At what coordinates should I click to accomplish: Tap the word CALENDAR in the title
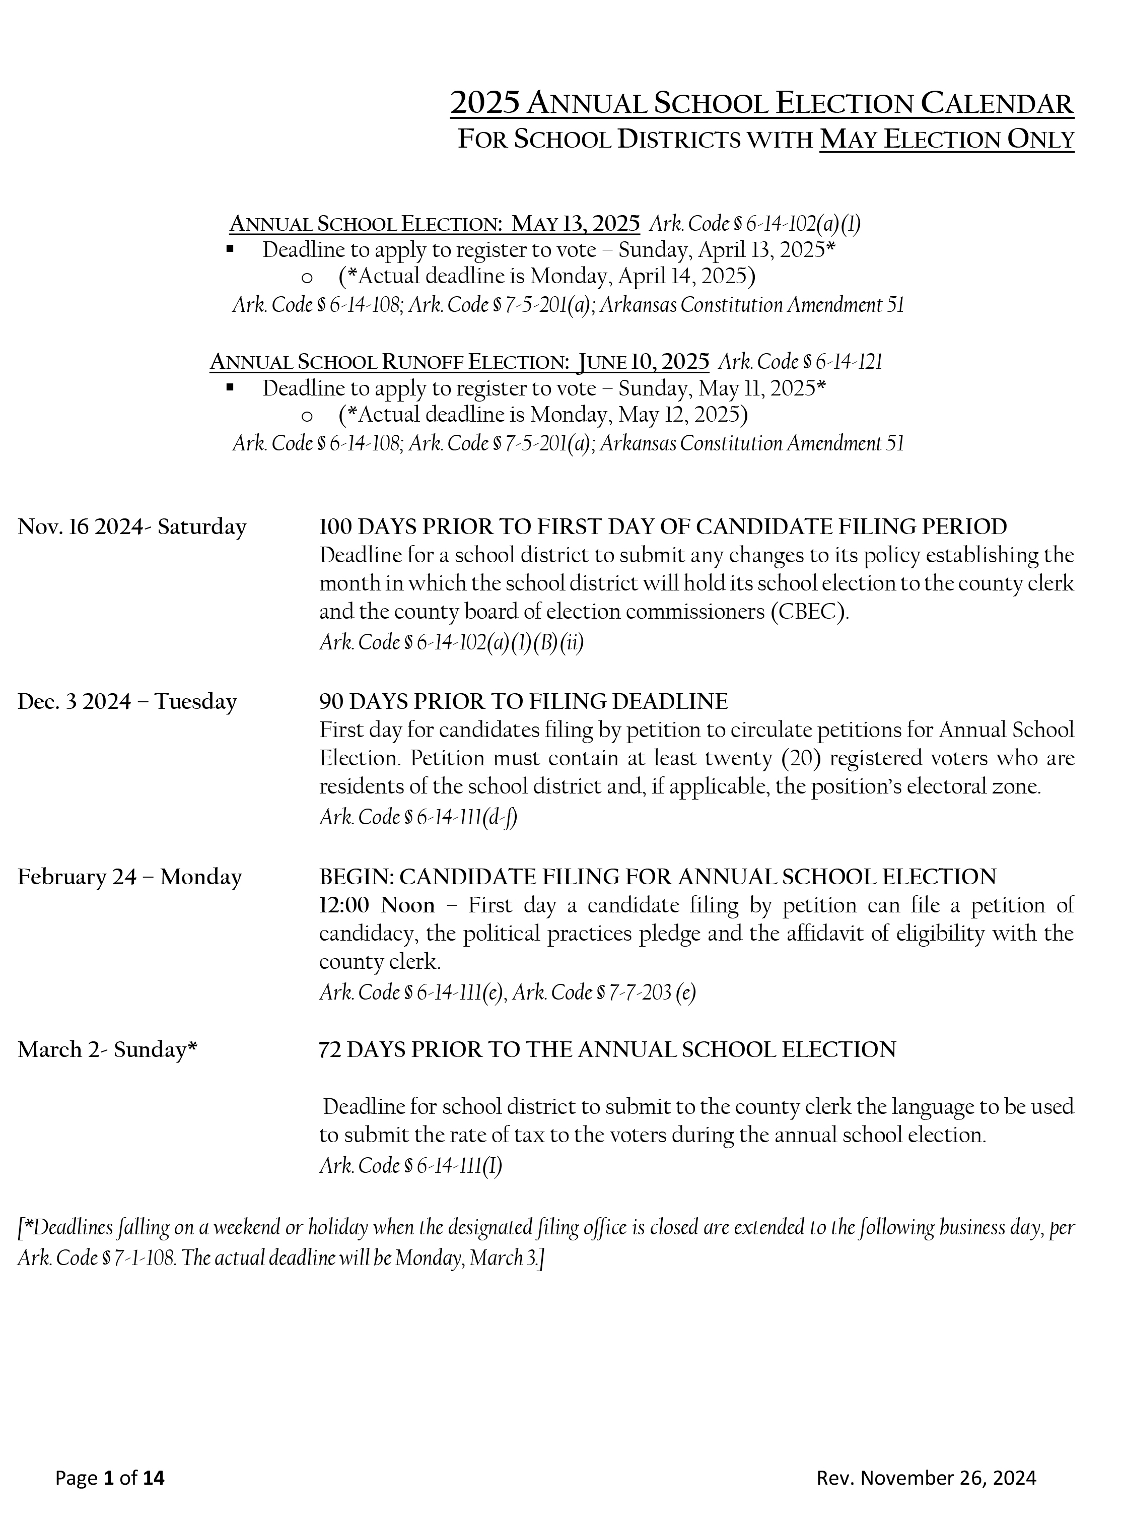pos(997,103)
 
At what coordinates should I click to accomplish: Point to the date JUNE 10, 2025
pos(643,361)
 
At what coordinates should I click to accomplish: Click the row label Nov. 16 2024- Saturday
pos(132,526)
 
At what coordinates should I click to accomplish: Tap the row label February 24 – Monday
pos(130,877)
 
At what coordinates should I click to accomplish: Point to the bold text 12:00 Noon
pos(377,905)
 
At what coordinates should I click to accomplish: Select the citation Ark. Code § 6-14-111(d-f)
pos(418,817)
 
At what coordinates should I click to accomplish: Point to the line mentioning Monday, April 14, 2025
pos(547,277)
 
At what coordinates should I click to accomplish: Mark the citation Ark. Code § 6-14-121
pos(801,361)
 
